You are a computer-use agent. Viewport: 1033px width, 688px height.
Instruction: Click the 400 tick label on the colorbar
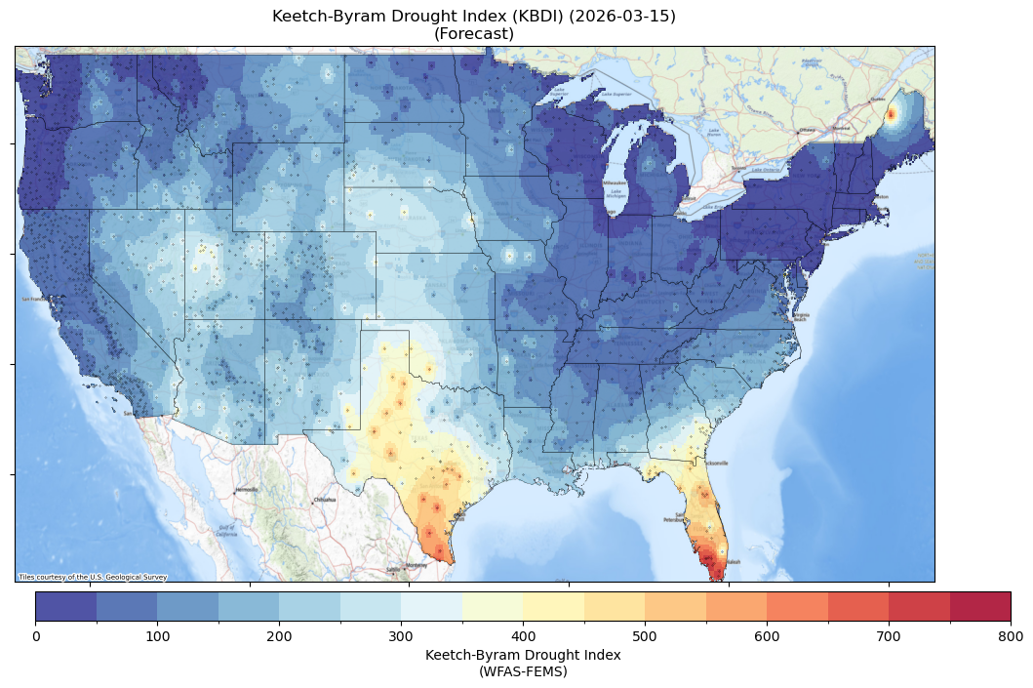tap(523, 636)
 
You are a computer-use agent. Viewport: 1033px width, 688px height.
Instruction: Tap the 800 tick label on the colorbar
tap(1011, 636)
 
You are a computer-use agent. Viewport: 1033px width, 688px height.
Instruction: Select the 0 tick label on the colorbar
tap(36, 636)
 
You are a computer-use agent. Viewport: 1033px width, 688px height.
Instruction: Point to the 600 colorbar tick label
tap(767, 636)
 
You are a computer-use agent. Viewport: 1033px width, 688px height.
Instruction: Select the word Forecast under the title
tap(474, 34)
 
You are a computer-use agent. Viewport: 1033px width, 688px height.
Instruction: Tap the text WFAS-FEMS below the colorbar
tap(523, 671)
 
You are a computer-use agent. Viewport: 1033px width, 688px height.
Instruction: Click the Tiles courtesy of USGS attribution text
tap(93, 577)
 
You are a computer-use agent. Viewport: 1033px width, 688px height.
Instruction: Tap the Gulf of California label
tap(225, 532)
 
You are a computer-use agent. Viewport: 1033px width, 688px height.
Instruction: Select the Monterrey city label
tap(417, 565)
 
